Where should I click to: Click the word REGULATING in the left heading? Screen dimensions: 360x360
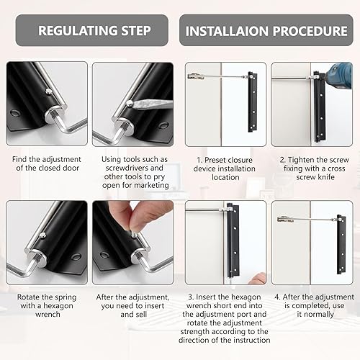[78, 31]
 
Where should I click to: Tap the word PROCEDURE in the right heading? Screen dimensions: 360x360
[310, 31]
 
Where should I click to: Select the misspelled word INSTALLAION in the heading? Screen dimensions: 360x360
[227, 31]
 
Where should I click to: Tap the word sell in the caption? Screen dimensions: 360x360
[140, 314]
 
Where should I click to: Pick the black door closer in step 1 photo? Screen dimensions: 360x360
[252, 102]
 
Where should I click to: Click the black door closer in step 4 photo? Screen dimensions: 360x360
[341, 245]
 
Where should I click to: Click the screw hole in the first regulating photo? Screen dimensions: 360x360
[15, 113]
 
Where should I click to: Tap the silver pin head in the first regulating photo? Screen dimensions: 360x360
[49, 91]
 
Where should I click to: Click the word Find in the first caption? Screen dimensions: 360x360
[19, 159]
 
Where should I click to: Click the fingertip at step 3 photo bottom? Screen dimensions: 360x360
[257, 279]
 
